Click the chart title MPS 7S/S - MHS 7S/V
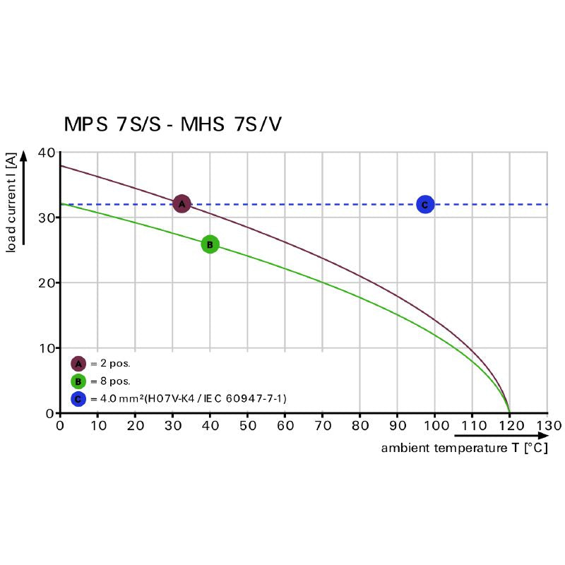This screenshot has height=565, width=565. click(173, 124)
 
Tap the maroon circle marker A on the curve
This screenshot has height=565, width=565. click(182, 204)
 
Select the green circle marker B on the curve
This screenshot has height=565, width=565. click(210, 244)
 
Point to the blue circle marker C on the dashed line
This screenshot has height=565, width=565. click(424, 205)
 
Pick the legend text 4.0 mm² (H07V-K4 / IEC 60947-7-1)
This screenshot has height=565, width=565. click(188, 399)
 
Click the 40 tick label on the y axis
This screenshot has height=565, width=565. click(47, 153)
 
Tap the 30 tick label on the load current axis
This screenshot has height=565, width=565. click(47, 218)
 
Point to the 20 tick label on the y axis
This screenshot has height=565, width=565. click(47, 282)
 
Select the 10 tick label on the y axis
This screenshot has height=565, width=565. click(47, 348)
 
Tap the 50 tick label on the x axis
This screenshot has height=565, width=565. click(247, 426)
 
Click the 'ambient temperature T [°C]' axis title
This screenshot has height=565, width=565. click(464, 448)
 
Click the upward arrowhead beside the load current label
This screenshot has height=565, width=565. click(24, 156)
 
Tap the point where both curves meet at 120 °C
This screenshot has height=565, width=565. click(509, 412)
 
